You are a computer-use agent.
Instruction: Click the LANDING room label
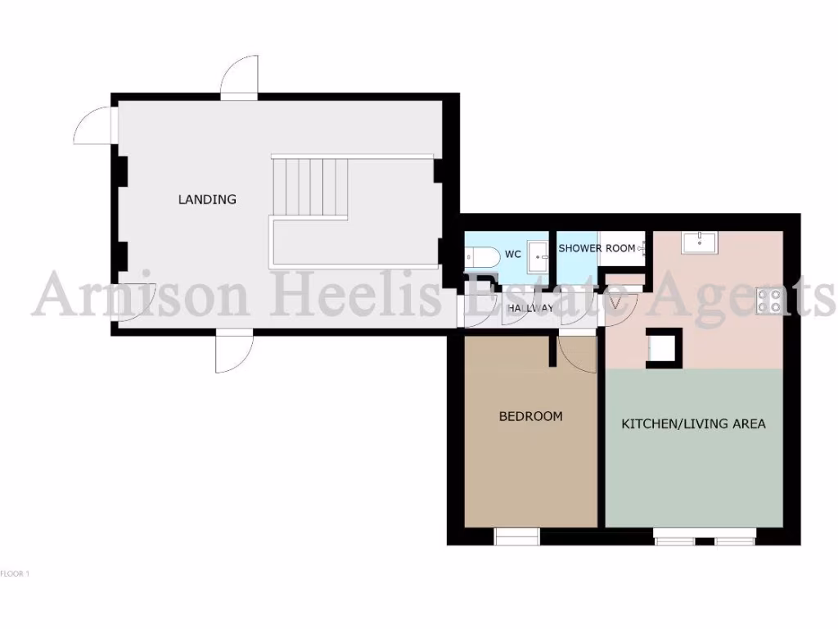tap(207, 199)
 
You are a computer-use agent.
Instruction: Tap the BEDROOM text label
tap(530, 416)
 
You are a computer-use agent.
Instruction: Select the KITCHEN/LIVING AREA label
tap(693, 423)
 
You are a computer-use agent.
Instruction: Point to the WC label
tap(512, 254)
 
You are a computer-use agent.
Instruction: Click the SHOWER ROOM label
tap(597, 248)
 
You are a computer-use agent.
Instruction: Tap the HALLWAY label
tap(530, 309)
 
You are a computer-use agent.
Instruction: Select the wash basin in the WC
tap(538, 253)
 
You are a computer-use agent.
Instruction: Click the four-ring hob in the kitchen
tap(770, 301)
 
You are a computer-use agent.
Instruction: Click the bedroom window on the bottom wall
tap(517, 536)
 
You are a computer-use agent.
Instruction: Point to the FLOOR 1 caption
tap(14, 574)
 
